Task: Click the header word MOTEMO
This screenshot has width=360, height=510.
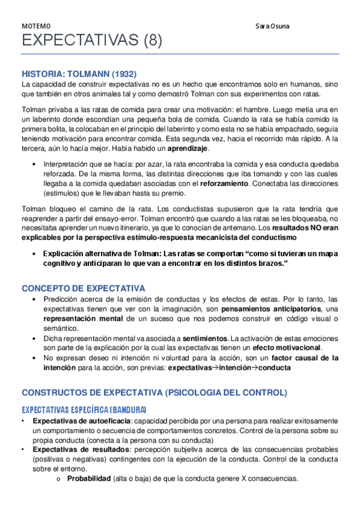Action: [x=36, y=26]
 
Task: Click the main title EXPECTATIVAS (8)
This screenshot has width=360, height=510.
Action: [x=92, y=41]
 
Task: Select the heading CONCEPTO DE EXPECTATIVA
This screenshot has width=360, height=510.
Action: [x=83, y=288]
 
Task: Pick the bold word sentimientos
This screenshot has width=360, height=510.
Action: [x=204, y=338]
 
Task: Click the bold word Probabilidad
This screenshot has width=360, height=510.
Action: [x=88, y=479]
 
